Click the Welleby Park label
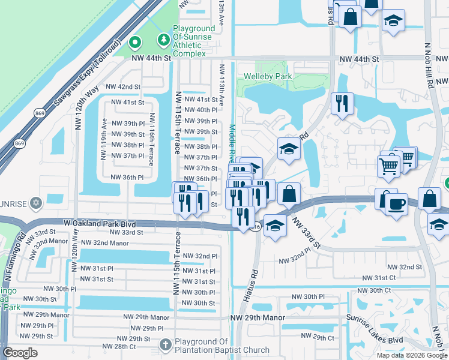(267, 77)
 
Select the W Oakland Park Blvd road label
(100, 223)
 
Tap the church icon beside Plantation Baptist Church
(166, 345)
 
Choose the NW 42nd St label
(123, 87)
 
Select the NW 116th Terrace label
(152, 139)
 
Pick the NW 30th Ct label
(376, 290)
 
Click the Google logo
(20, 353)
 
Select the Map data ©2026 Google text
(411, 355)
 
